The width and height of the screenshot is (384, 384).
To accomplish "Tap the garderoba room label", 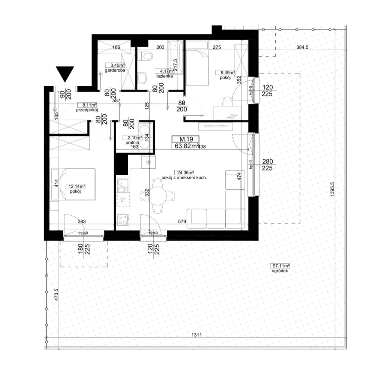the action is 115,70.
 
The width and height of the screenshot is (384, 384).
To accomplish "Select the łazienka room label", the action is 165,76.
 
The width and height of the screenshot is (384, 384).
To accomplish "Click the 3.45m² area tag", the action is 115,65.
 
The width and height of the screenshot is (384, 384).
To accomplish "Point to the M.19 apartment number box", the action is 186,139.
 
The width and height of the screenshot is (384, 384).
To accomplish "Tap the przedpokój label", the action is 87,110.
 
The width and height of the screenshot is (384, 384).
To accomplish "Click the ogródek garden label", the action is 280,271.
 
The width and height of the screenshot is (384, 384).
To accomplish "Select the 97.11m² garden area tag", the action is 280,266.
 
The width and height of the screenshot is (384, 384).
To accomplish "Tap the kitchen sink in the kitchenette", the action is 123,186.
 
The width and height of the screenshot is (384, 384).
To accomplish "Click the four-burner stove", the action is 123,219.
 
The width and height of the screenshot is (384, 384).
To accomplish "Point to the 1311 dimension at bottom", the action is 196,335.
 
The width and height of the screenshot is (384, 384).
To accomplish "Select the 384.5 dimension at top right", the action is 302,47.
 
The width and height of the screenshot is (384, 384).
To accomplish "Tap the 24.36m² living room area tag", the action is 184,172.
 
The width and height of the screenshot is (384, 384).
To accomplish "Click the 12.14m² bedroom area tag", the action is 75,187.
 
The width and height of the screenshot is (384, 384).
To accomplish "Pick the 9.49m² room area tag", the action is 225,72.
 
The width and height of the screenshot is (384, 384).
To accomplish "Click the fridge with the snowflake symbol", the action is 148,162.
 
